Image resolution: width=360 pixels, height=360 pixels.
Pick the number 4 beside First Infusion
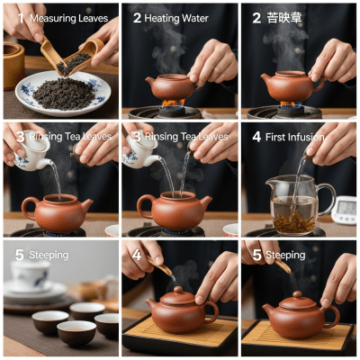coord(256,137)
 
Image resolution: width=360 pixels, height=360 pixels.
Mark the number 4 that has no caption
coord(138,255)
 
